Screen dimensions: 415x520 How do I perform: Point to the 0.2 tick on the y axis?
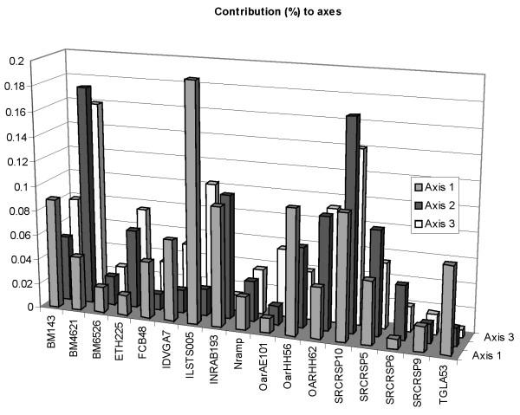point(17,62)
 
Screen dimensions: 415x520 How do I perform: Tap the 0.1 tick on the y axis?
point(17,185)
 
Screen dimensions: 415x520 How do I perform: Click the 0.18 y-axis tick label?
point(15,87)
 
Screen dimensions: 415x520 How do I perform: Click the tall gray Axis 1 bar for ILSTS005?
point(192,199)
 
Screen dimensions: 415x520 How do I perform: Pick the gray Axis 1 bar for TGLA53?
point(448,308)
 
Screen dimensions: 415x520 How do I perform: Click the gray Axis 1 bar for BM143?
point(53,251)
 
